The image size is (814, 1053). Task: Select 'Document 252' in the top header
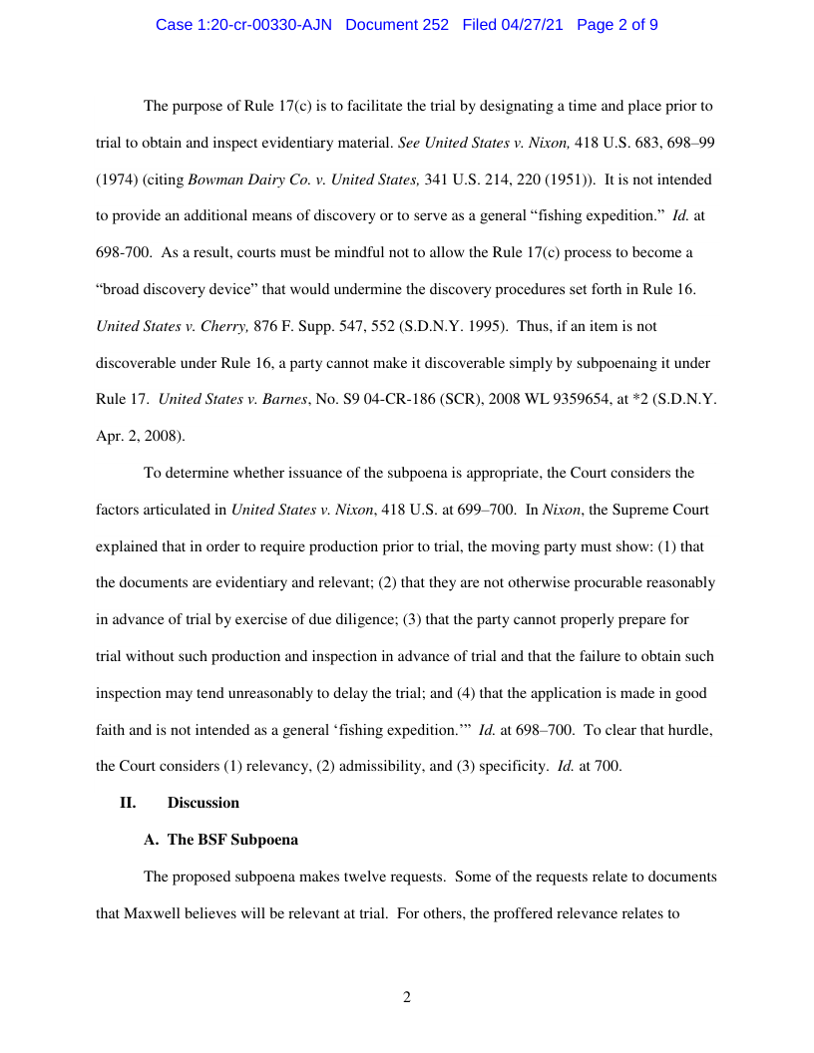point(397,25)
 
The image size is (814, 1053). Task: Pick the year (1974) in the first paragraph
point(118,179)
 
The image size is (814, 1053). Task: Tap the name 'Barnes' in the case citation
point(279,399)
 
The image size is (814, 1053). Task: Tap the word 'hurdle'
point(689,729)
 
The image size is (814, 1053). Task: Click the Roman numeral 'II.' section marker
point(128,803)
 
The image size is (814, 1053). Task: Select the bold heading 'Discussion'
point(203,803)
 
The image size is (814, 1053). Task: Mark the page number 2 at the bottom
point(407,997)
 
